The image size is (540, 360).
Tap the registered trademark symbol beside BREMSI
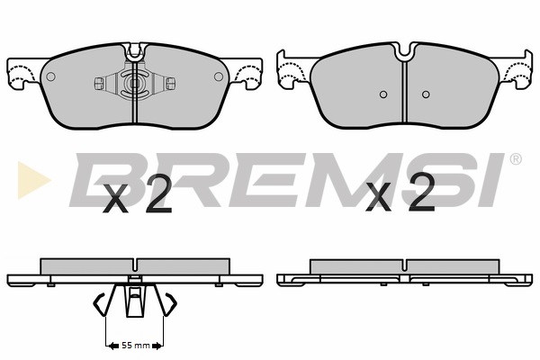pos(515,159)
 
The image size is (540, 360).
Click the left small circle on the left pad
pos(50,76)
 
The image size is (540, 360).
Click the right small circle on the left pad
pos(219,76)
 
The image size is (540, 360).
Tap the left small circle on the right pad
pos(383,94)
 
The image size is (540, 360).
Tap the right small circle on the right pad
pos(426,94)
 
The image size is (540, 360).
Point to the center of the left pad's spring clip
pos(135,83)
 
